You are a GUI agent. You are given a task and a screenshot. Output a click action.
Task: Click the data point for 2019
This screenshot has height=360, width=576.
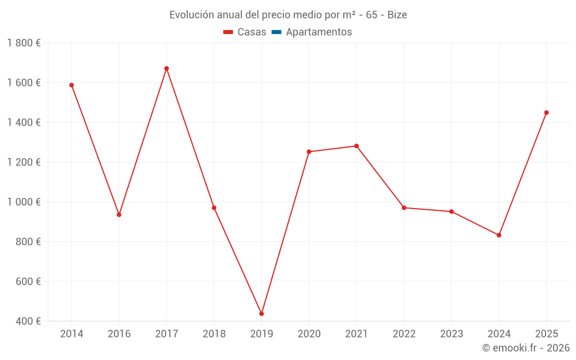(x=262, y=314)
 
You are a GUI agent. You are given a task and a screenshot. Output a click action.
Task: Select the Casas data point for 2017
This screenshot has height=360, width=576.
(x=166, y=69)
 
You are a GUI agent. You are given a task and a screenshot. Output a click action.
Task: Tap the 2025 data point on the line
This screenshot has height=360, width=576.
(x=547, y=112)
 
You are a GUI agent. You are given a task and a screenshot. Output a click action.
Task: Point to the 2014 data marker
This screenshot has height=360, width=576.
(x=71, y=85)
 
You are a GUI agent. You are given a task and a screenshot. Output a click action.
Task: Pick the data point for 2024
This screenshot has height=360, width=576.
(x=499, y=235)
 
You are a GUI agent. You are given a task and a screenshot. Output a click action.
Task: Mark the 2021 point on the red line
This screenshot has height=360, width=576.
(x=357, y=146)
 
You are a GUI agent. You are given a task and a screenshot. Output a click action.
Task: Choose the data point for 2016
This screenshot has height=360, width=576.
(x=119, y=215)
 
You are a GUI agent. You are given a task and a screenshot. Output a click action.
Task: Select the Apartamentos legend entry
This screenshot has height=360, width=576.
(x=319, y=32)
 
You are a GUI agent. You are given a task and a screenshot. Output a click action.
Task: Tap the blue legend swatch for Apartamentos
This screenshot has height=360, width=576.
(x=276, y=32)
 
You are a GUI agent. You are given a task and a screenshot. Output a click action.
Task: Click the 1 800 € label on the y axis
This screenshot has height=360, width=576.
(x=24, y=43)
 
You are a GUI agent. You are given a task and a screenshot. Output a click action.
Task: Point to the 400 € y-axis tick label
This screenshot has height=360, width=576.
(x=28, y=321)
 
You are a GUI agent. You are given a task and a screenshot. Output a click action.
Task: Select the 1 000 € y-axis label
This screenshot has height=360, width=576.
(x=24, y=202)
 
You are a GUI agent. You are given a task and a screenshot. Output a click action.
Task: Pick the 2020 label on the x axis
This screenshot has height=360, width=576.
(x=309, y=334)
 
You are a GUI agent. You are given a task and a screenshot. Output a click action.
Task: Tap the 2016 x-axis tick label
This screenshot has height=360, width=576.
(x=119, y=334)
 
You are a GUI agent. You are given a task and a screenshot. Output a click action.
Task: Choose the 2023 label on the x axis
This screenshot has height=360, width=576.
(x=452, y=334)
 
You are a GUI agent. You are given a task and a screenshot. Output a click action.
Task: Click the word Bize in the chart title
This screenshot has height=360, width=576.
(x=397, y=15)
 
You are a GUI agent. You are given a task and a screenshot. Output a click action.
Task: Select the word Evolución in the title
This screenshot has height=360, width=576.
(x=191, y=15)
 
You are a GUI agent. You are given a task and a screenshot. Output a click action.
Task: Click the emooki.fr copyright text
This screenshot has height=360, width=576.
(x=526, y=348)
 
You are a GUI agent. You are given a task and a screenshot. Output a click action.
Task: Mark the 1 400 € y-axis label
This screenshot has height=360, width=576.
(x=24, y=122)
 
